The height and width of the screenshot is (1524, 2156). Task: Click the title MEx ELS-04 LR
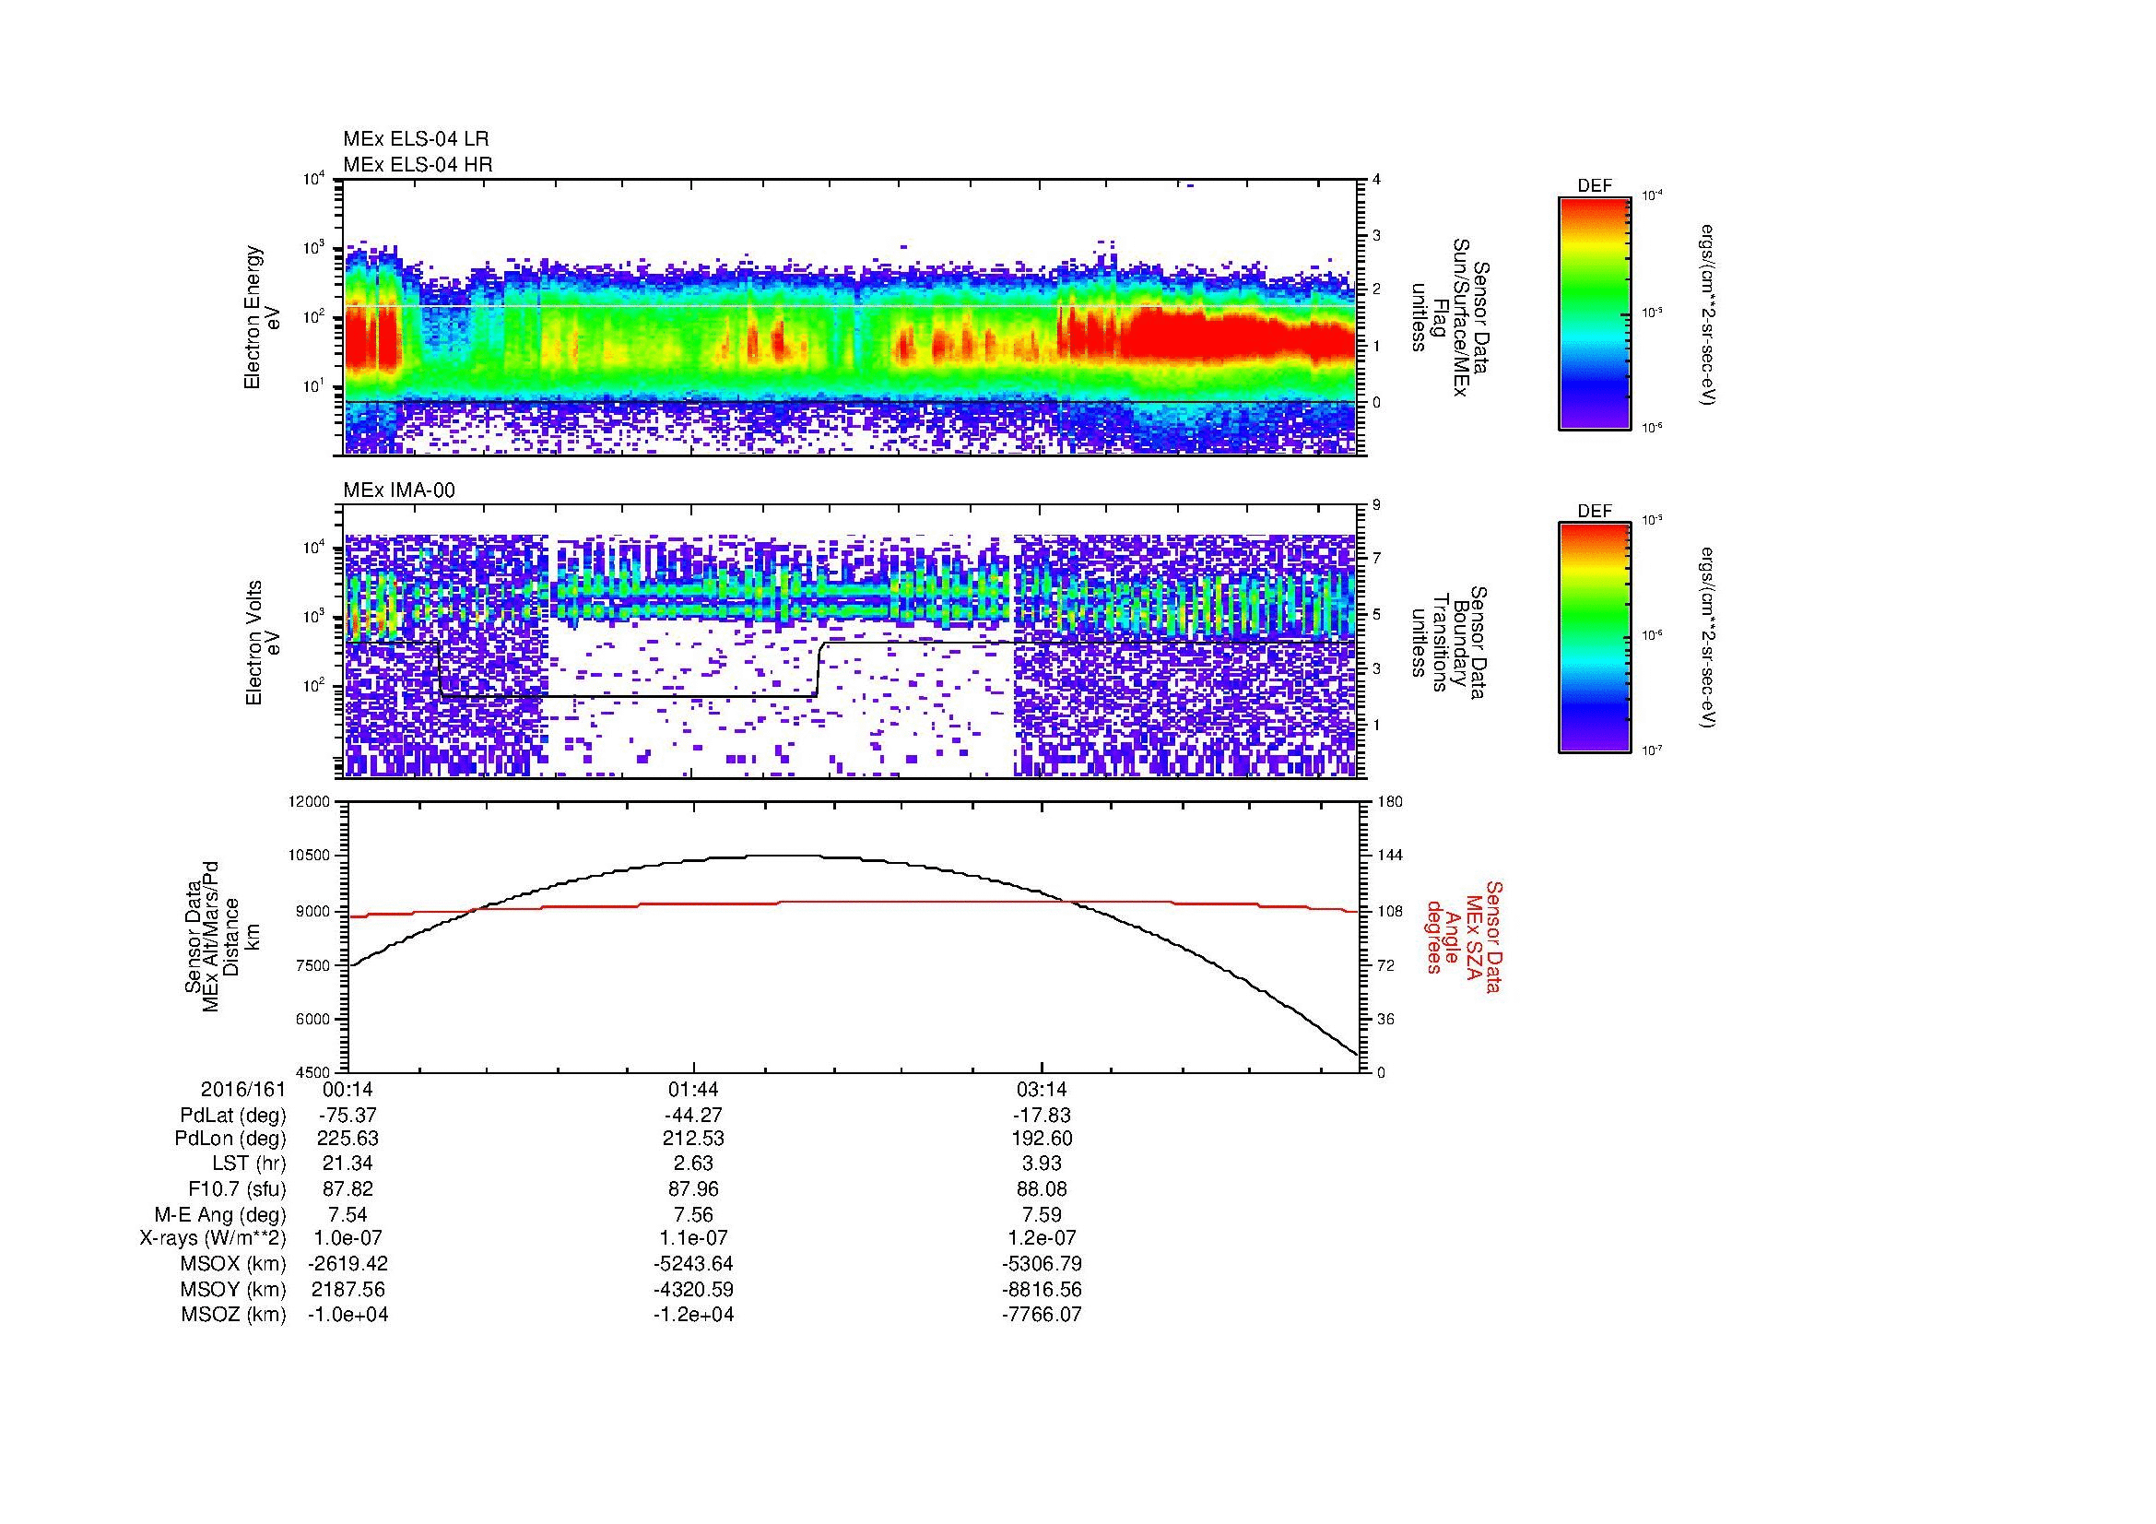[x=416, y=139]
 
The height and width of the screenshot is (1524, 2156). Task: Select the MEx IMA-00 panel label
[x=399, y=490]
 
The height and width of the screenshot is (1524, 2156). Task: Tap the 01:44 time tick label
[x=693, y=1090]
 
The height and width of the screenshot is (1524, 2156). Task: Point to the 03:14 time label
[x=1042, y=1090]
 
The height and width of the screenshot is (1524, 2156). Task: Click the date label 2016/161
[x=242, y=1090]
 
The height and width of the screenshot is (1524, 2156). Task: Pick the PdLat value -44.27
[x=693, y=1116]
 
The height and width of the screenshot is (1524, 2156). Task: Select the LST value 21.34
[x=348, y=1164]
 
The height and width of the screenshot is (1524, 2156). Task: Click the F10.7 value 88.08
[x=1042, y=1188]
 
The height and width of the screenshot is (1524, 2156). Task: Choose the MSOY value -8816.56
[x=1042, y=1289]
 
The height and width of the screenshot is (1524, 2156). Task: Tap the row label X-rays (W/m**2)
[x=212, y=1238]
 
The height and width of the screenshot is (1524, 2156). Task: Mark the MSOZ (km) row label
[x=233, y=1315]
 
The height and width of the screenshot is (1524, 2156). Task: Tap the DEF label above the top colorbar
[x=1595, y=187]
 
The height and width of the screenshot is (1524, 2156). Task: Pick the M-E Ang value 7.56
[x=693, y=1214]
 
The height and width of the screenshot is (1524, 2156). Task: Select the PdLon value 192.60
[x=1042, y=1139]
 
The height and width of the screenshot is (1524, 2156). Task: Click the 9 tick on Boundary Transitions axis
[x=1376, y=505]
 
